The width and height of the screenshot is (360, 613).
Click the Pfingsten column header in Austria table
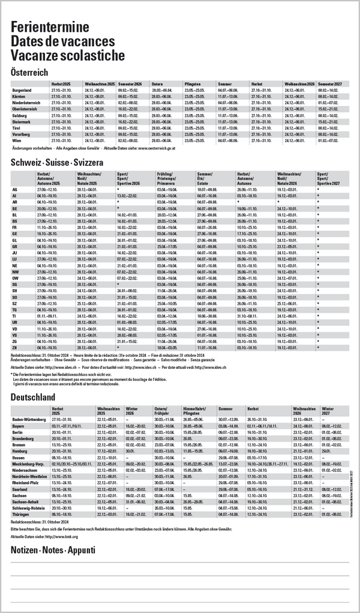(x=193, y=84)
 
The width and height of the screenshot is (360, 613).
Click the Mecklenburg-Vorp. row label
(x=29, y=464)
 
